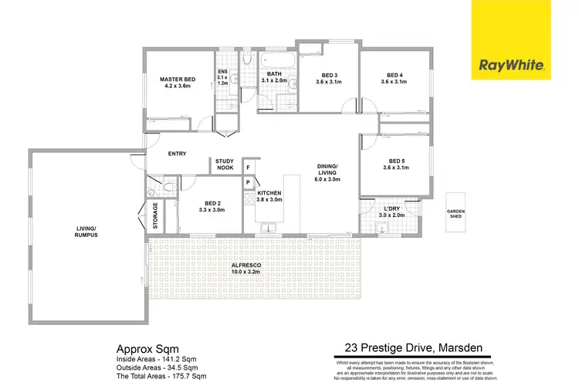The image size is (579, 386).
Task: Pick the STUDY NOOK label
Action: coord(225,164)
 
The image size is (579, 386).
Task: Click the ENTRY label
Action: coord(177,154)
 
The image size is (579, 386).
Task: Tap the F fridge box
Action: coord(249,167)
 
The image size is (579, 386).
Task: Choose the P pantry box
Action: coord(249,183)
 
